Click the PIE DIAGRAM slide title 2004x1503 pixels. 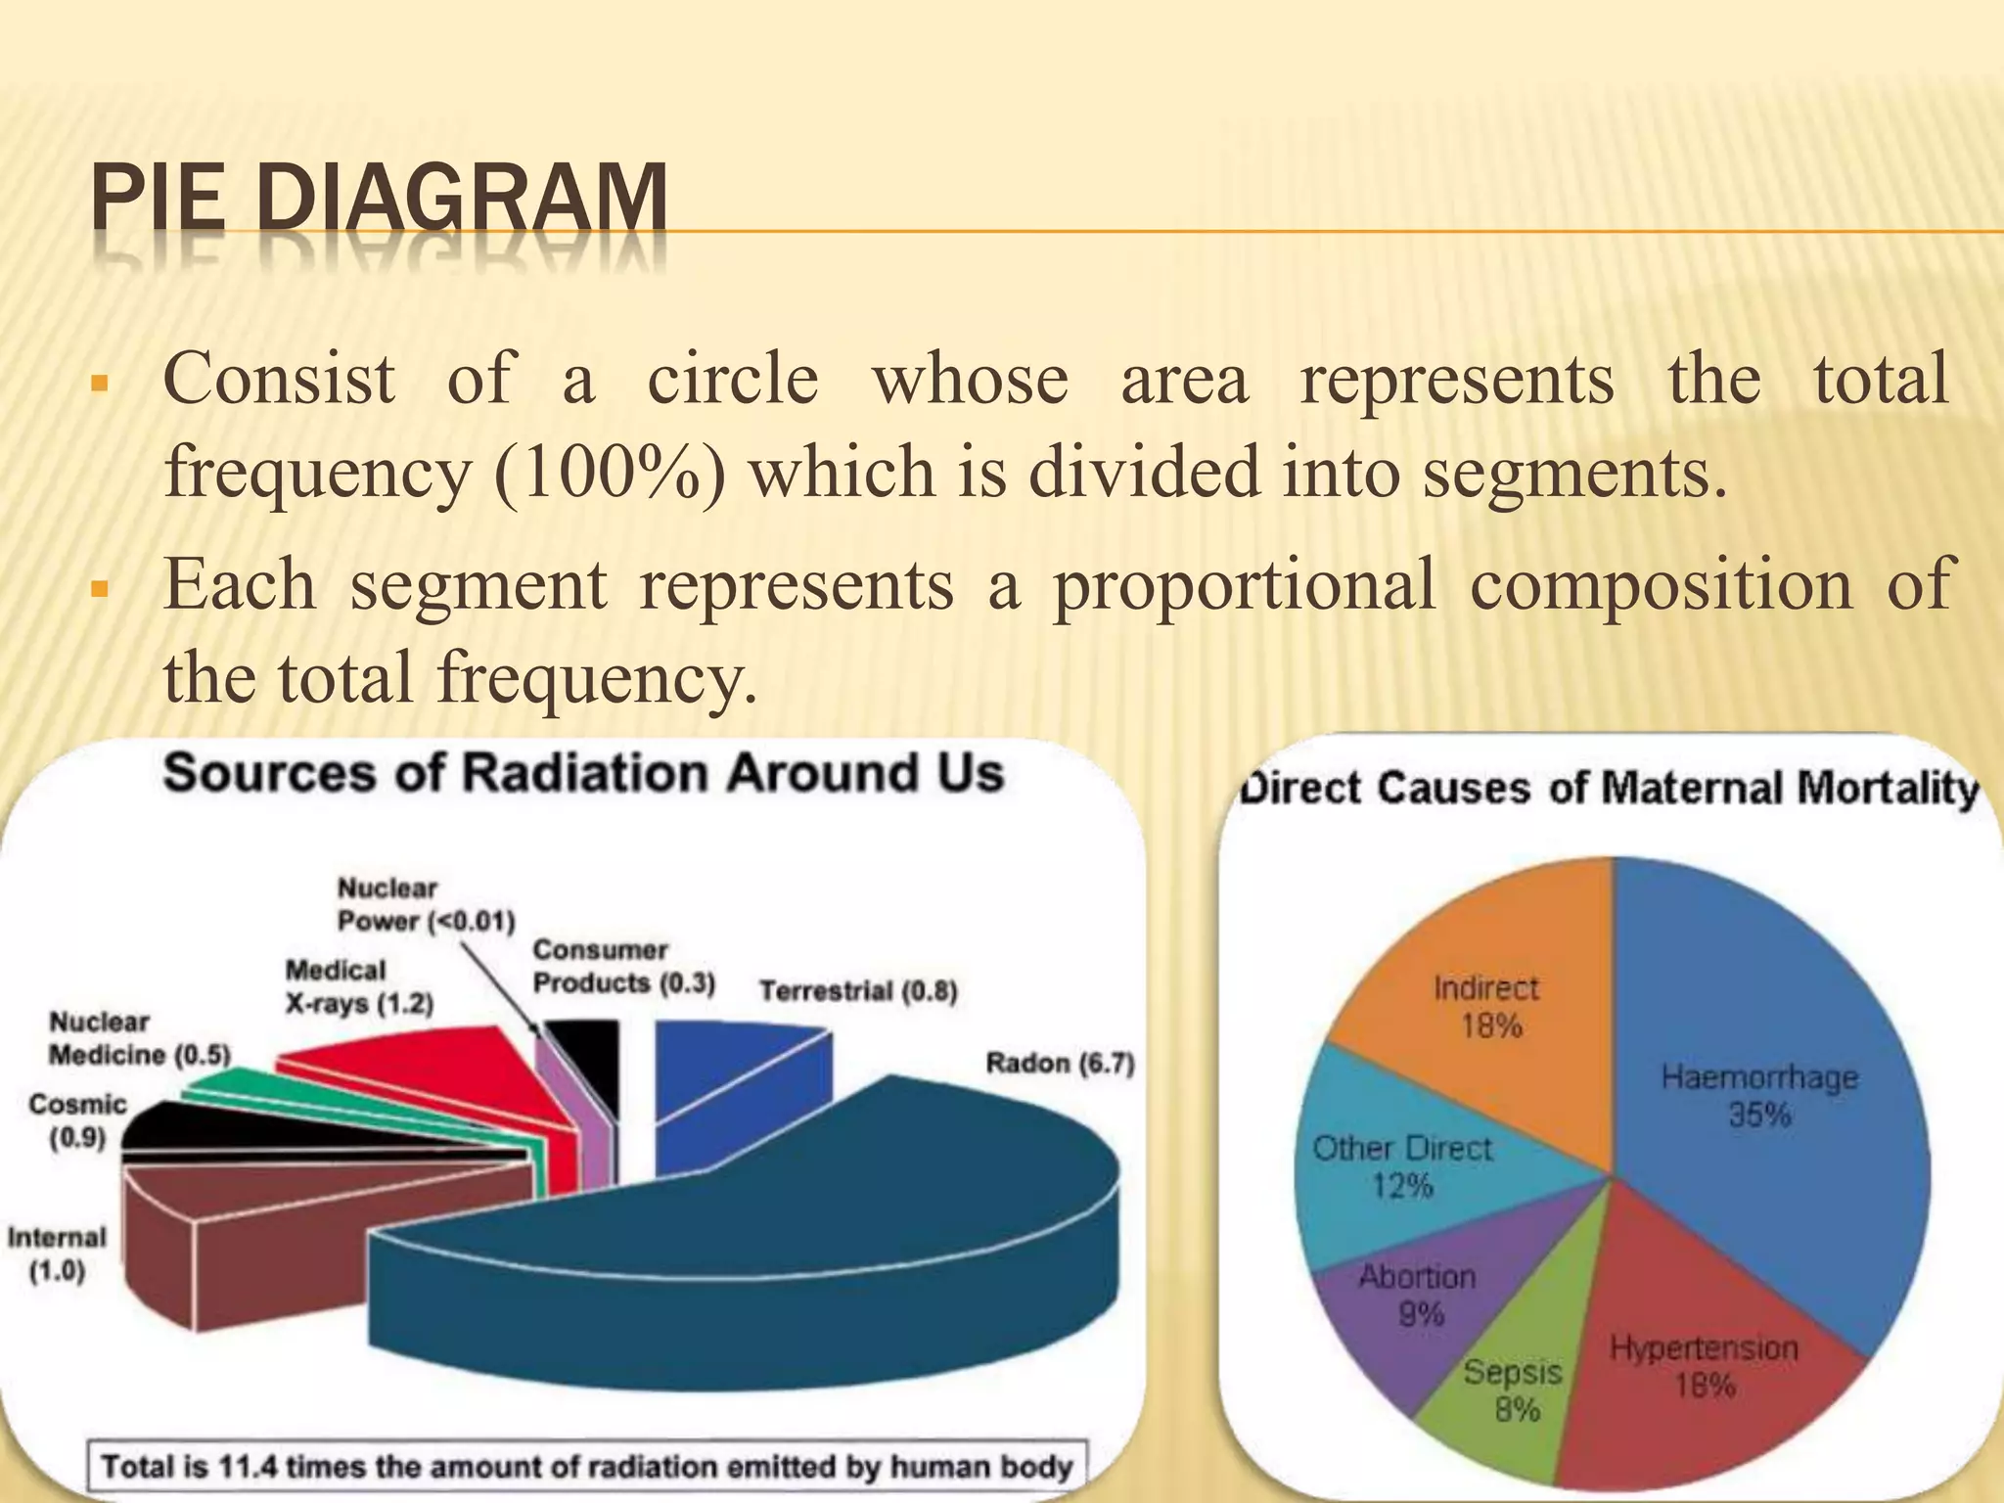pyautogui.click(x=380, y=201)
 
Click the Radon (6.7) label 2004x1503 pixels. pyautogui.click(x=1059, y=1063)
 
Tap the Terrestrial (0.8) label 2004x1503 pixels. pyautogui.click(x=858, y=991)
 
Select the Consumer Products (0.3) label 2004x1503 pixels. pyautogui.click(x=623, y=966)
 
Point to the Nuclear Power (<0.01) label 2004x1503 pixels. pyautogui.click(x=426, y=904)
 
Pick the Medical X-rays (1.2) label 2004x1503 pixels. pyautogui.click(x=358, y=986)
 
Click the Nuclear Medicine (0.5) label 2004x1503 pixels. pyautogui.click(x=139, y=1038)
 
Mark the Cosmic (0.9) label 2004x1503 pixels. pyautogui.click(x=77, y=1120)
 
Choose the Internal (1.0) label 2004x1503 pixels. pyautogui.click(x=57, y=1253)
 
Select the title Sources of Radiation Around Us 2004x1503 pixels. pyautogui.click(x=583, y=773)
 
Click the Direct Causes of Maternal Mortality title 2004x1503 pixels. pyautogui.click(x=1608, y=788)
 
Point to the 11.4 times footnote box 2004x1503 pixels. pyautogui.click(x=587, y=1467)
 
